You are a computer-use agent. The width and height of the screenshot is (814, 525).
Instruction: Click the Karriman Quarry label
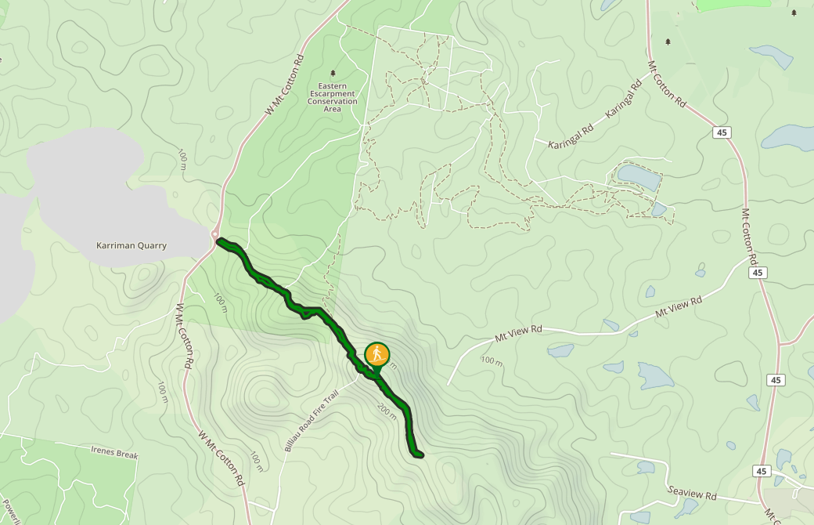(131, 245)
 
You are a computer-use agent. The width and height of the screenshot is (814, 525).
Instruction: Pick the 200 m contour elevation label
(387, 411)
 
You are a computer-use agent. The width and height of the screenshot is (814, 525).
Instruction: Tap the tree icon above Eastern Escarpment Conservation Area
(333, 73)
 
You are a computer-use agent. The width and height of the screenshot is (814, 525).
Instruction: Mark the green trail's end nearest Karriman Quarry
(220, 241)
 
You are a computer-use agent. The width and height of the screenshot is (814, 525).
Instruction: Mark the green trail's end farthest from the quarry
(420, 454)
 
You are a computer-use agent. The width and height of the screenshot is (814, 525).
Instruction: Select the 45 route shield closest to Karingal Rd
(721, 132)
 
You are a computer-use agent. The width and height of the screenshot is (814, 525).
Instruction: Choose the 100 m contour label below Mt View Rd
(492, 360)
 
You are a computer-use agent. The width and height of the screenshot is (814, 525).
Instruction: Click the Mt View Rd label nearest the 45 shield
(679, 306)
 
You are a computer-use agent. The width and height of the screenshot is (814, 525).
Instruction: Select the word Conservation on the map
(332, 101)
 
